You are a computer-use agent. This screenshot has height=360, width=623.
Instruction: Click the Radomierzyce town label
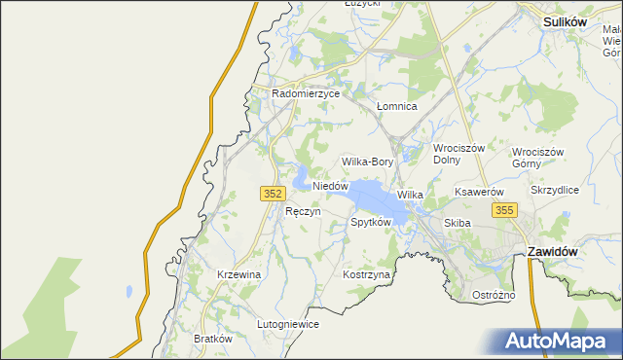pos(306,94)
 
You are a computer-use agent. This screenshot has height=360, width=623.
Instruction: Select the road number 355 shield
pos(503,210)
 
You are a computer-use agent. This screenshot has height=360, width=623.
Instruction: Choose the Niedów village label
pos(330,185)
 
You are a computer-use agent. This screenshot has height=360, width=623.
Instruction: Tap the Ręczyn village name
pos(303,211)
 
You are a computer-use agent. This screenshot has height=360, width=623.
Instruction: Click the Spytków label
pos(370,223)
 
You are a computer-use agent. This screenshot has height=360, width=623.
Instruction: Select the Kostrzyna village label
pos(366,275)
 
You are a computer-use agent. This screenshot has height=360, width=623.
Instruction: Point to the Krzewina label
pos(239,275)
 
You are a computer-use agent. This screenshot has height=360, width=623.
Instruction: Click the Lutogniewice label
pos(288,325)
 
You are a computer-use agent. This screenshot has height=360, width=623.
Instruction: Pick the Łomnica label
pos(396,106)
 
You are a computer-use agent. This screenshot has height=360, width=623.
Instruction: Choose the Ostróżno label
pos(493,295)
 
